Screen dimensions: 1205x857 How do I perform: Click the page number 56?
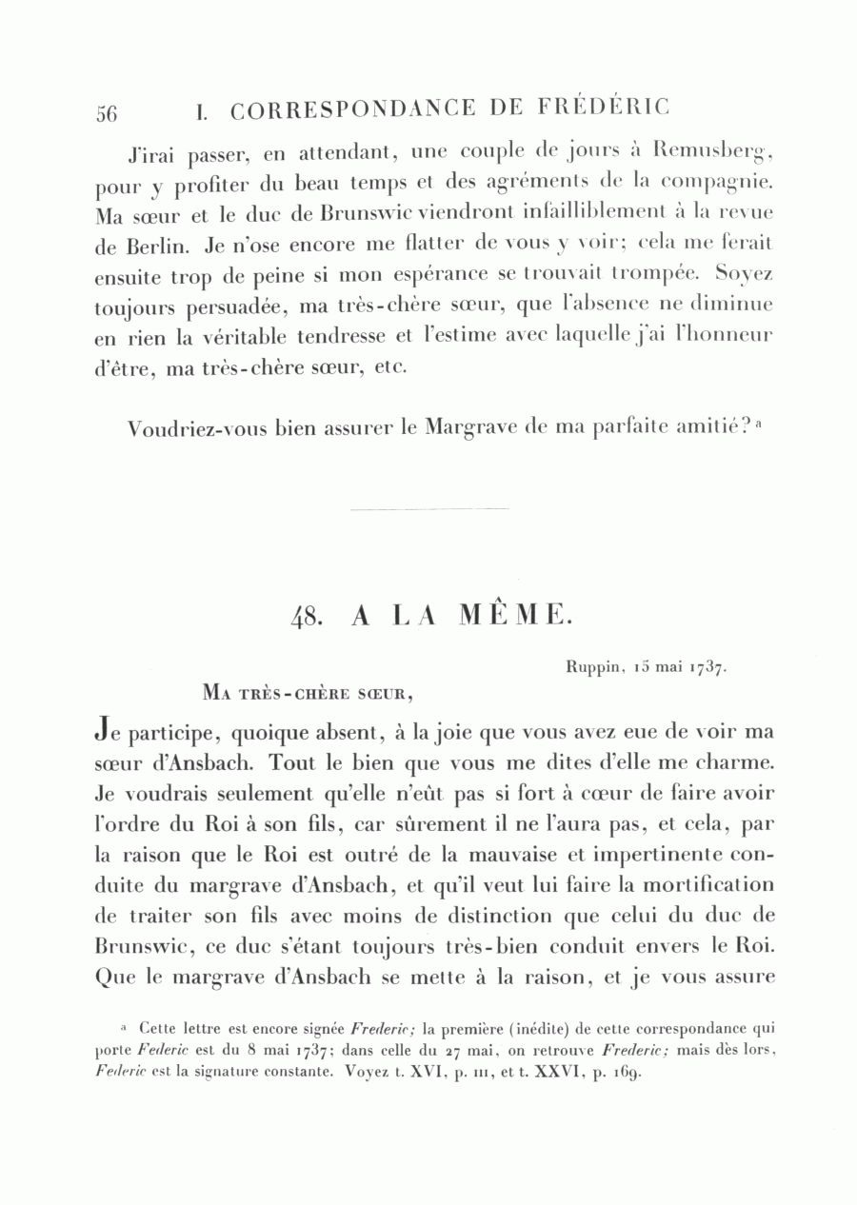point(107,113)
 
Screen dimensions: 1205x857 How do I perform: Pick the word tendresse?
point(332,337)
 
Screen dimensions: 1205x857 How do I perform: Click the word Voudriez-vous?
point(187,429)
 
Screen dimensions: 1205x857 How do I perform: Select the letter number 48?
point(309,618)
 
